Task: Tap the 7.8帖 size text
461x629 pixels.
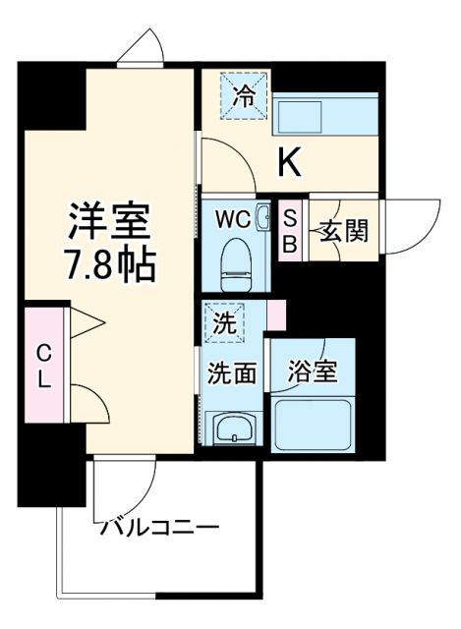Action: coord(109,264)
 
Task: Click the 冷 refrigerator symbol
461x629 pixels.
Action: coord(242,95)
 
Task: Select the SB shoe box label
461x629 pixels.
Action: coord(290,232)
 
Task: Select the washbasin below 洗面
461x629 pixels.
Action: coord(234,427)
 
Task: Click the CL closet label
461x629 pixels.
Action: coord(44,366)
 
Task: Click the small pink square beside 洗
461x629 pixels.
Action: coord(276,315)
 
